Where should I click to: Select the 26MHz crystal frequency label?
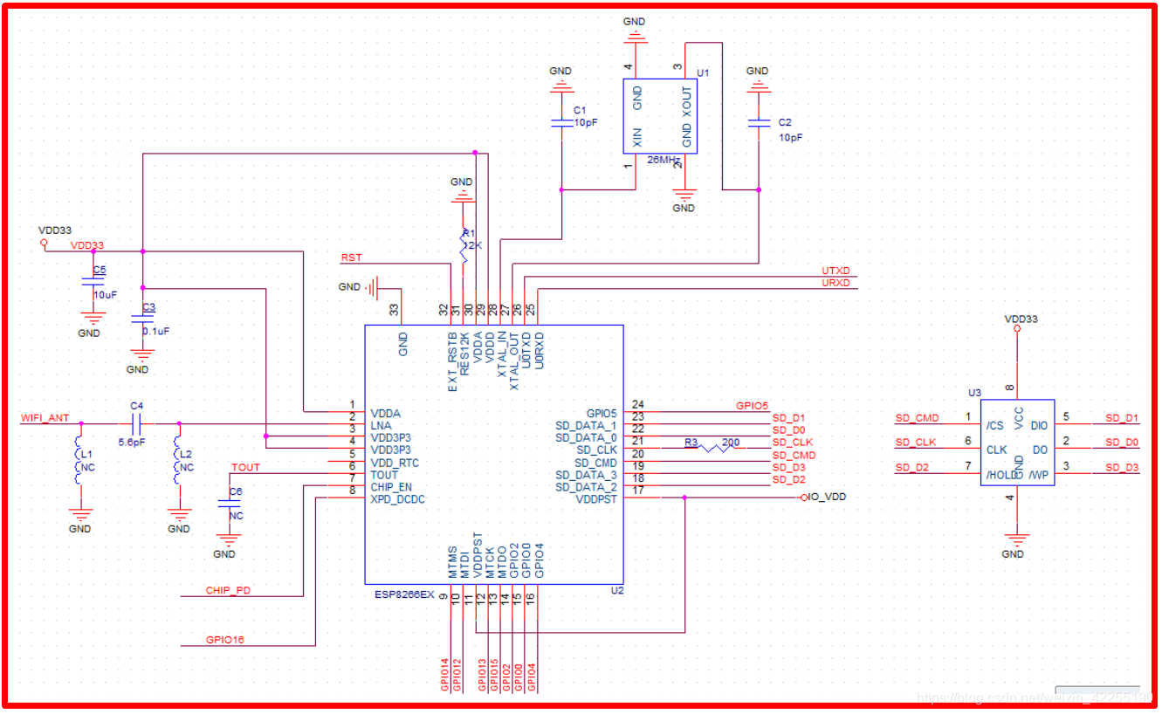(665, 161)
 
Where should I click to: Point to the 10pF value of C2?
(790, 138)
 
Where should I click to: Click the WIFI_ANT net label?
(45, 418)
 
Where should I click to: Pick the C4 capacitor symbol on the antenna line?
(135, 424)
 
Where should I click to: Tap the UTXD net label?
(835, 271)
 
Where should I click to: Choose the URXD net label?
(835, 283)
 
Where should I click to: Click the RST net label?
(351, 257)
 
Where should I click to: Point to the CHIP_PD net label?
(228, 590)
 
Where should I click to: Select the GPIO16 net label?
(225, 640)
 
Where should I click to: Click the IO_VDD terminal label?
(827, 497)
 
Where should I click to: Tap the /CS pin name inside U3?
(994, 425)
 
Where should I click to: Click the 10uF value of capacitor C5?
(105, 295)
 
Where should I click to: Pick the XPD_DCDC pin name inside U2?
(397, 499)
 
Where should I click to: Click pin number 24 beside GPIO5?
(637, 404)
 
